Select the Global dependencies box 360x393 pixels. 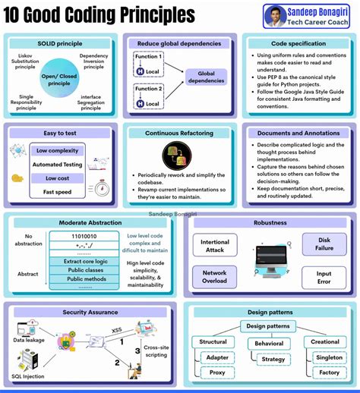206,77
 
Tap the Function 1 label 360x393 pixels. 149,56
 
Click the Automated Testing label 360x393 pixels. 58,164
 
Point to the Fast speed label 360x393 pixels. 58,191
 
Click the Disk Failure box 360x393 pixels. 325,244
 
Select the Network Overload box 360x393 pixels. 214,277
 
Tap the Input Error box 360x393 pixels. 324,277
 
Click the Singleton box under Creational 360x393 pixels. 329,357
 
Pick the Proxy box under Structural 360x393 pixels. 218,373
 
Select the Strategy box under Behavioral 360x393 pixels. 273,358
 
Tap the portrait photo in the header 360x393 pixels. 274,14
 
